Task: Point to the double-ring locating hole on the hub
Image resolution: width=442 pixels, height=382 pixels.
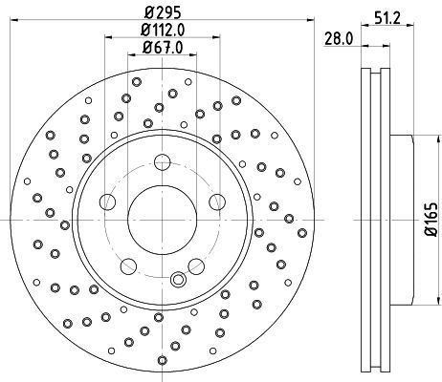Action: (x=176, y=280)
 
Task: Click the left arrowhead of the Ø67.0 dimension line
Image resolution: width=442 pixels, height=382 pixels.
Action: (x=130, y=56)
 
